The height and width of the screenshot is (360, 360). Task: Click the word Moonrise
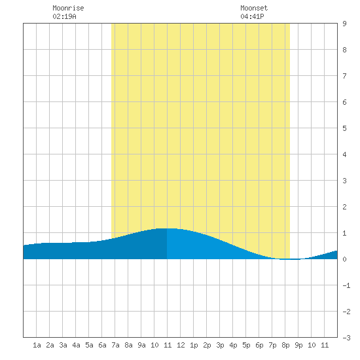coord(68,8)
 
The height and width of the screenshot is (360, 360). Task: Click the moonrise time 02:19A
coord(64,16)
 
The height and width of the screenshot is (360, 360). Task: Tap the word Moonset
coord(254,8)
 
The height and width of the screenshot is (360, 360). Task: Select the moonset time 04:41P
coord(252,16)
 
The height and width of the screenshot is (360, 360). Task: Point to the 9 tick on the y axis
coord(344,24)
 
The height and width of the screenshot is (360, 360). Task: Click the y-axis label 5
coord(344,128)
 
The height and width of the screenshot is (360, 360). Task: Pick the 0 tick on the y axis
coord(344,259)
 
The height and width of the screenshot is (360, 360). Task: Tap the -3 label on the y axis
coord(346,338)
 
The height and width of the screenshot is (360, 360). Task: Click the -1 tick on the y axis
coord(346,285)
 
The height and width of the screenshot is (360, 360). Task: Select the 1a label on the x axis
coord(37,345)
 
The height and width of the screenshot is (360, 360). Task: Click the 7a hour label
coord(115,345)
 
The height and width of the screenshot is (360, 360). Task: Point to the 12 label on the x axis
coord(181,345)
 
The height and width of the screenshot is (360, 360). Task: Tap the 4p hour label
coord(233,345)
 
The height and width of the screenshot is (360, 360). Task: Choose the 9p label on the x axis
coord(298,345)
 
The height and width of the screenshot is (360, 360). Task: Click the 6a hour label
coord(102,345)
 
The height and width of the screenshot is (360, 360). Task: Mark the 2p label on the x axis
coord(207,345)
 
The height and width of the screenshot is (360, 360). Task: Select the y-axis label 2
coord(344,207)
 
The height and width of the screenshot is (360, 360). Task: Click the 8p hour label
coord(285,345)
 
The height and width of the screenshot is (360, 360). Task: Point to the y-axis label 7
coord(344,76)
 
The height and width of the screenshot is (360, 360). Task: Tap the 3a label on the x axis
coord(63,345)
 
